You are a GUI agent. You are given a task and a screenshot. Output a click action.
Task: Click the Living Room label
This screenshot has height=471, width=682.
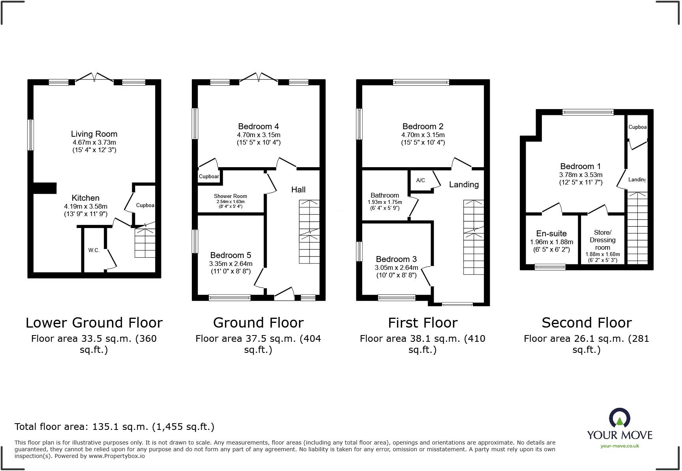(x=94, y=134)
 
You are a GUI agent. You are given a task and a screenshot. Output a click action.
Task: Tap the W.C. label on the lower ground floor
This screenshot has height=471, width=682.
(x=94, y=250)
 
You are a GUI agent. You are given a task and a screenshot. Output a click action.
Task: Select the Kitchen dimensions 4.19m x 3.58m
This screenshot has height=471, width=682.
(x=86, y=206)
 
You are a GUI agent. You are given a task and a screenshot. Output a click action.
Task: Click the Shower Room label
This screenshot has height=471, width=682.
(x=230, y=196)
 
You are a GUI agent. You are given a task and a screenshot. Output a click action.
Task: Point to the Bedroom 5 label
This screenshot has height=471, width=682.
(x=230, y=255)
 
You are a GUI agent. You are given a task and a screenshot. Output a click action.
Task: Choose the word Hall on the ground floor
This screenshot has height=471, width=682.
(x=298, y=190)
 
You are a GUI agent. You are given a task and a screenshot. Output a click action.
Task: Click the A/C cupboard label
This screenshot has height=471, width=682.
(x=421, y=181)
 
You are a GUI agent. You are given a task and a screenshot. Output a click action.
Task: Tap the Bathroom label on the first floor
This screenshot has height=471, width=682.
(x=385, y=195)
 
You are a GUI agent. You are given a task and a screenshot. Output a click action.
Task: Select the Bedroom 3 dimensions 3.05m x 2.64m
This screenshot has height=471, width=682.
(x=396, y=268)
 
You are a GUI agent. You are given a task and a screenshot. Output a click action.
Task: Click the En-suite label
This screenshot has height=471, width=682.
(x=551, y=234)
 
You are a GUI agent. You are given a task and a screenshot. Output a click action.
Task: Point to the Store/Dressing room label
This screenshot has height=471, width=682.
(x=603, y=240)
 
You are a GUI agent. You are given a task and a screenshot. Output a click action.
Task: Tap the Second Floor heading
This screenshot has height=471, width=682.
(x=586, y=323)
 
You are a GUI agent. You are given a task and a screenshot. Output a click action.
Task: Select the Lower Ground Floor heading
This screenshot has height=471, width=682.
(x=94, y=323)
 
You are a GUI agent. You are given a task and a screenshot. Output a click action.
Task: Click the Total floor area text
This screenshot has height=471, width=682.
(x=114, y=427)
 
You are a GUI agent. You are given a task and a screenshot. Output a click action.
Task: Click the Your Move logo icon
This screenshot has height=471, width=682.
(x=620, y=418)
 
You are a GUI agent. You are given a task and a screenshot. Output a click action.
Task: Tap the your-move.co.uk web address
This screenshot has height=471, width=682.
(x=620, y=446)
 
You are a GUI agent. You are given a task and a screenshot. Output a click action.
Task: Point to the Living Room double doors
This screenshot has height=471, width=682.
(x=94, y=78)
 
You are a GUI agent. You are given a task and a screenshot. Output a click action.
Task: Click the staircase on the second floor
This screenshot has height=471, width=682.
(x=637, y=228)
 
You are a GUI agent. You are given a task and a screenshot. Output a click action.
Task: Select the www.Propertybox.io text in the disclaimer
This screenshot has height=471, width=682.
(x=116, y=456)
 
